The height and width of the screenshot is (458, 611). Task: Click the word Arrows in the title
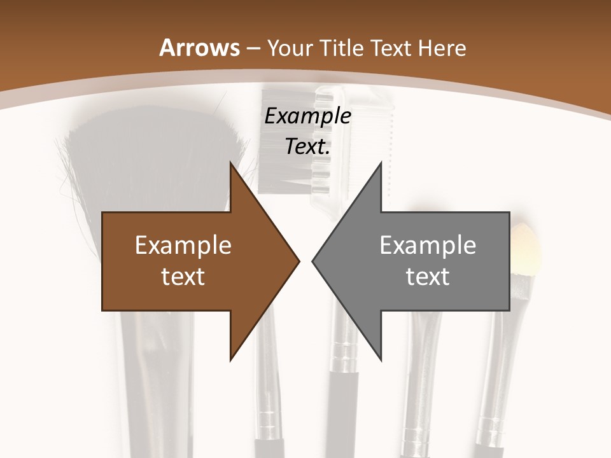pyautogui.click(x=199, y=48)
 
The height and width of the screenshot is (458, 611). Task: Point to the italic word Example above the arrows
pyautogui.click(x=307, y=116)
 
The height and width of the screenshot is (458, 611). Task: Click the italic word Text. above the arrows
pyautogui.click(x=307, y=146)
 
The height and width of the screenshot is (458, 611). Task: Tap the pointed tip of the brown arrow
pyautogui.click(x=299, y=261)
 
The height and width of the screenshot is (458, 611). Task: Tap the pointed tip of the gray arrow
pyautogui.click(x=313, y=261)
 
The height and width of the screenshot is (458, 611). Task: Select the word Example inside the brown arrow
pyautogui.click(x=183, y=246)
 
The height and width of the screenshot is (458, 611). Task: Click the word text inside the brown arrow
pyautogui.click(x=183, y=276)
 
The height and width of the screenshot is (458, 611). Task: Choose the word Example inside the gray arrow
pyautogui.click(x=428, y=246)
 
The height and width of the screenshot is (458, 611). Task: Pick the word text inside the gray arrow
pyautogui.click(x=428, y=276)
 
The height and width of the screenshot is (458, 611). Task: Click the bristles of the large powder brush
pyautogui.click(x=153, y=159)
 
